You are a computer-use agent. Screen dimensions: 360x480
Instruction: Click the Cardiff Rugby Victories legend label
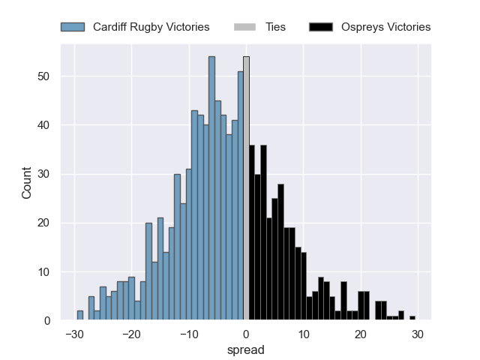(x=151, y=27)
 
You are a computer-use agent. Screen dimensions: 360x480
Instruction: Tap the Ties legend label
(x=275, y=27)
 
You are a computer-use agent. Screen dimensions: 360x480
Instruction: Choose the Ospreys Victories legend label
(x=385, y=27)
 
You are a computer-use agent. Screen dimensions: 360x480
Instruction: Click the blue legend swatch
(x=73, y=27)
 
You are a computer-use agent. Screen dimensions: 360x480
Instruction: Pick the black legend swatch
(x=320, y=27)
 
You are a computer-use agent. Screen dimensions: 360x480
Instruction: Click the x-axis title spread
(x=246, y=350)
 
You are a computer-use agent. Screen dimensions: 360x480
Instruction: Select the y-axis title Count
(x=27, y=182)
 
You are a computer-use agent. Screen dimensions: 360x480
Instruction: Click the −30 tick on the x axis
(x=73, y=334)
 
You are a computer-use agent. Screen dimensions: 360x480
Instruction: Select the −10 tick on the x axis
(x=188, y=334)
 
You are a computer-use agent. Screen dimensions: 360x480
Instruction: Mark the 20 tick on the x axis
(x=361, y=334)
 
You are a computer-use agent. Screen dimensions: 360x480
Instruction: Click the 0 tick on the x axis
(x=246, y=334)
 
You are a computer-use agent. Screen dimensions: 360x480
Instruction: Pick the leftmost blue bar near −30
(x=80, y=316)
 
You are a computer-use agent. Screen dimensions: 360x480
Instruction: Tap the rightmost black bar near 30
(x=412, y=318)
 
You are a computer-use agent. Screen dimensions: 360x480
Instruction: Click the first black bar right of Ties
(x=252, y=233)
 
